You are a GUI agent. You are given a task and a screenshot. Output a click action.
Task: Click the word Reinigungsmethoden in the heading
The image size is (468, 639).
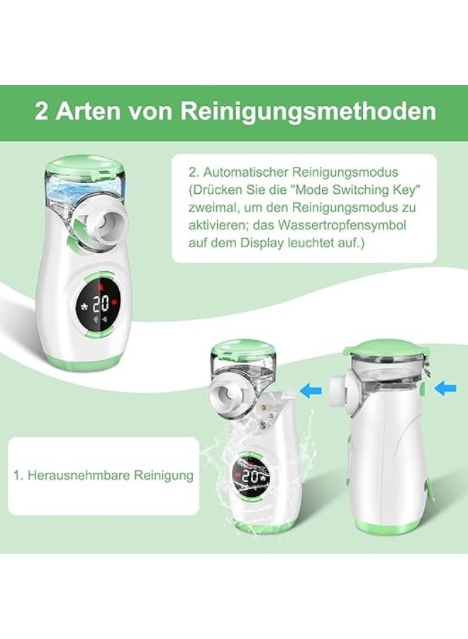(x=308, y=113)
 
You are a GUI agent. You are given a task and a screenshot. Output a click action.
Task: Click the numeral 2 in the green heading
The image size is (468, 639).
(x=42, y=113)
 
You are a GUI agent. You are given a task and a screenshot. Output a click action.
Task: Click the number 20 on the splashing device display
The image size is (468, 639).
(x=250, y=477)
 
